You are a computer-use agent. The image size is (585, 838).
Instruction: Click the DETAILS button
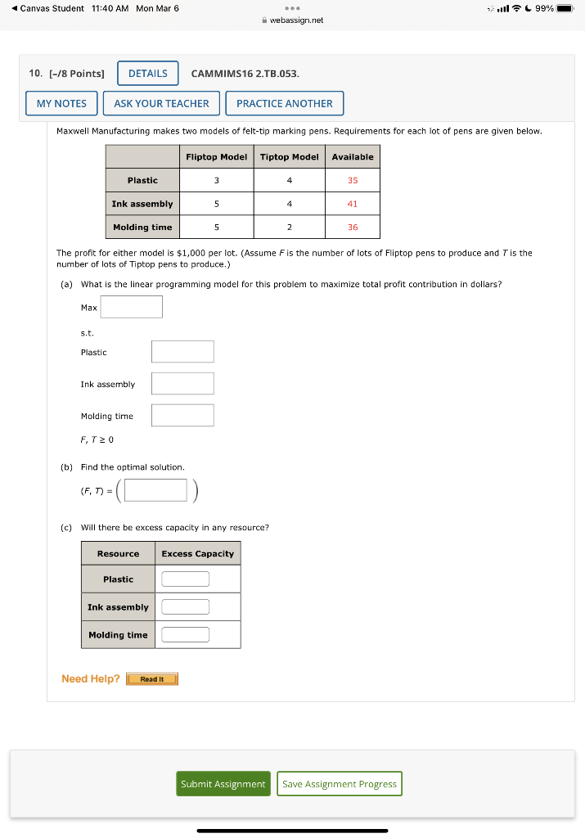point(148,74)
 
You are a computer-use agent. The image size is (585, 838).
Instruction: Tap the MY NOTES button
point(61,104)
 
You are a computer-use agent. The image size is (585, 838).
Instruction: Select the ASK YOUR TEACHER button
point(161,104)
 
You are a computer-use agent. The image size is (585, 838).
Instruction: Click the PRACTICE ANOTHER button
point(284,104)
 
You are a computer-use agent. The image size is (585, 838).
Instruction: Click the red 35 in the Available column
point(353,180)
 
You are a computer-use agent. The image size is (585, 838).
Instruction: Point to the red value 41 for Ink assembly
point(353,204)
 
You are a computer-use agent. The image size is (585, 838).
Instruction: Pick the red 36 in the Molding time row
point(353,228)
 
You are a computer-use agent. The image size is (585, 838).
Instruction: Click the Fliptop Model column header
point(216,157)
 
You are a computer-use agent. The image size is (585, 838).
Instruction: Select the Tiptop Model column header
point(289,157)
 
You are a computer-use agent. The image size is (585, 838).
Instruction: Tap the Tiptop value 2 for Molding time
point(289,228)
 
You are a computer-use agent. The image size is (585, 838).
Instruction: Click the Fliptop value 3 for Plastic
point(216,180)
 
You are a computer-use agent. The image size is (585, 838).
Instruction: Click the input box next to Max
point(132,307)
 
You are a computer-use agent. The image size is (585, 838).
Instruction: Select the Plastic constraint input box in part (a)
point(182,352)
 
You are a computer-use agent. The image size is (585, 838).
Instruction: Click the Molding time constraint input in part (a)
point(182,416)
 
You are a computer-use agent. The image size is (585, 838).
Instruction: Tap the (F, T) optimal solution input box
point(156,490)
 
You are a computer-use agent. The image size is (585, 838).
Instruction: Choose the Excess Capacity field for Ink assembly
point(185,607)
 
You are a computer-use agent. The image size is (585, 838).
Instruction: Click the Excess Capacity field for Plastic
point(185,579)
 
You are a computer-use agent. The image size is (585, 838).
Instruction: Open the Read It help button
point(152,679)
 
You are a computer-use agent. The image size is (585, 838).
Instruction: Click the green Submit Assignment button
point(223,784)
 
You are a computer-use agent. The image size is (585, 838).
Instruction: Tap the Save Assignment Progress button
point(340,784)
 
